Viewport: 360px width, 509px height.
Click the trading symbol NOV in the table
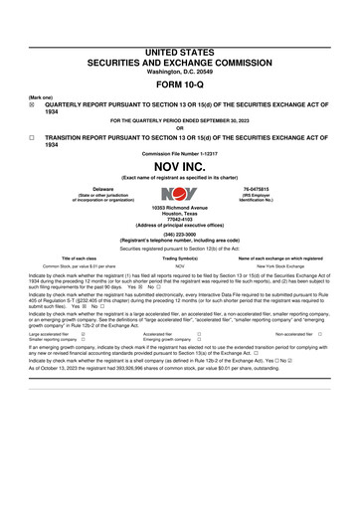(179, 266)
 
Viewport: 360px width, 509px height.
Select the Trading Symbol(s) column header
(179, 257)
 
